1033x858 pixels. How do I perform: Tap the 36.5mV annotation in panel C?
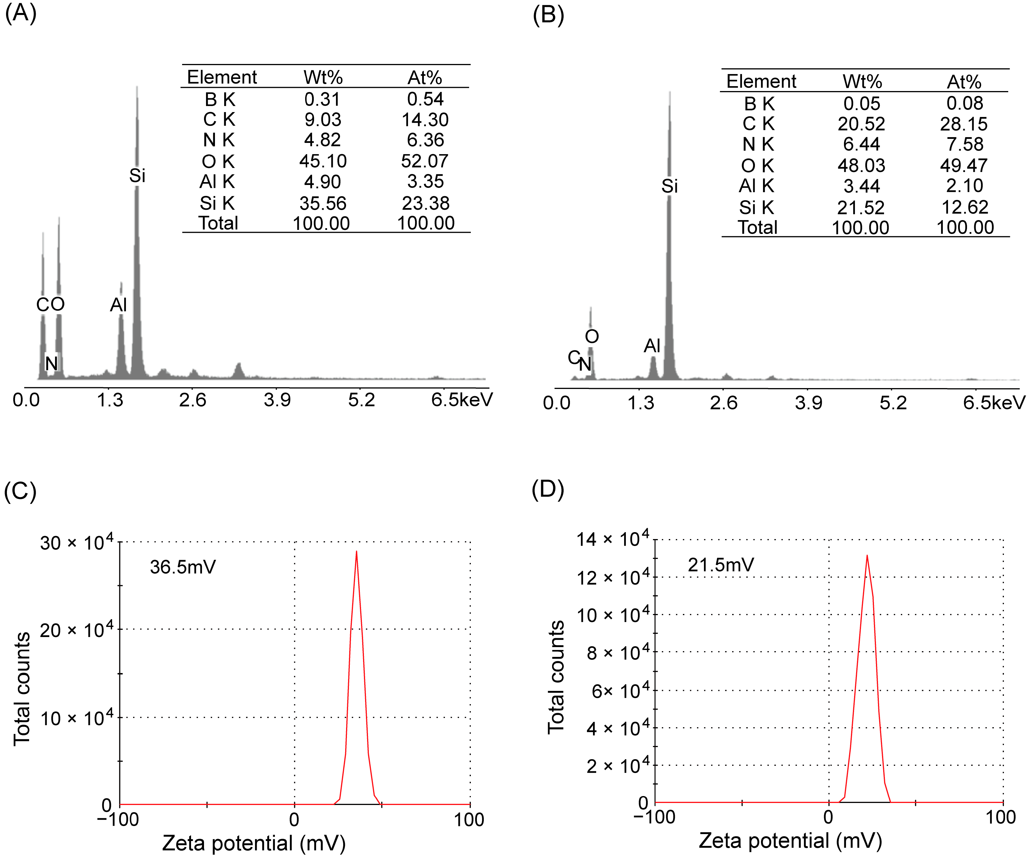[x=182, y=567]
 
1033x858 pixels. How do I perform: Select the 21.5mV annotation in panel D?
[x=721, y=565]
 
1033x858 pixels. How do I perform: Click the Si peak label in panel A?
[x=137, y=176]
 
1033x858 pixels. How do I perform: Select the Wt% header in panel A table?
[x=323, y=77]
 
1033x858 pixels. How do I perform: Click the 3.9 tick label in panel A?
[x=277, y=400]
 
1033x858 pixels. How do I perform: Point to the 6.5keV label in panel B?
[x=994, y=403]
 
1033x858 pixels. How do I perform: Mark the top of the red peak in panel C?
[x=356, y=552]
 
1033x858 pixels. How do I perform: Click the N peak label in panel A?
[x=52, y=364]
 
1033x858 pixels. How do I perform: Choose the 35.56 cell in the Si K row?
[x=323, y=203]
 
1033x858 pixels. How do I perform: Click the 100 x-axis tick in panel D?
[x=1000, y=817]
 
